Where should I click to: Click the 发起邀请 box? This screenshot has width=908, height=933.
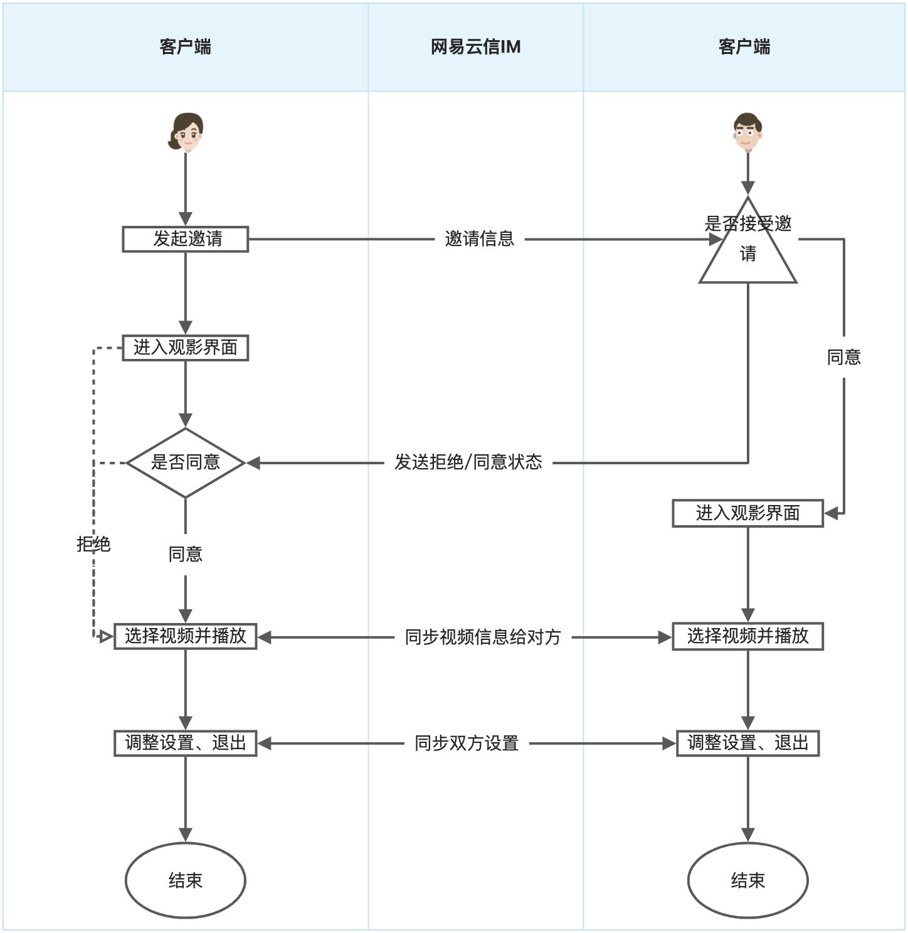coord(186,239)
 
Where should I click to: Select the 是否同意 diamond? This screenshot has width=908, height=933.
coord(186,463)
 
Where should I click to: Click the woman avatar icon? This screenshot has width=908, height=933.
coord(186,132)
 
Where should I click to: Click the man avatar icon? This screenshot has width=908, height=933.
coord(747,132)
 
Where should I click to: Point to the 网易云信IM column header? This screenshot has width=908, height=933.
coord(475,47)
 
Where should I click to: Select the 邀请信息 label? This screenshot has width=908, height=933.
coord(480,239)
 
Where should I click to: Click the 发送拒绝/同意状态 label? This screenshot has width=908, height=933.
coord(468,462)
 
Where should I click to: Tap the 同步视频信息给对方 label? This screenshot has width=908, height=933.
coord(483,637)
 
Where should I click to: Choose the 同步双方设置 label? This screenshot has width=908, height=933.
coord(467,744)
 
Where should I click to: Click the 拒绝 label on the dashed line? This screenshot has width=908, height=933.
coord(93,544)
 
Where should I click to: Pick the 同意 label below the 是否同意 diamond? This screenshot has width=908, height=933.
coord(186,554)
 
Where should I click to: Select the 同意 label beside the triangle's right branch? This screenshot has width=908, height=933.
coord(844,357)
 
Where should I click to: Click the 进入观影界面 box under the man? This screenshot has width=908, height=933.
coord(747,513)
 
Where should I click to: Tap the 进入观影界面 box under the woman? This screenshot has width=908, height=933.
coord(186,348)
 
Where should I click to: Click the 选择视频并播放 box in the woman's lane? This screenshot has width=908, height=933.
coord(186,636)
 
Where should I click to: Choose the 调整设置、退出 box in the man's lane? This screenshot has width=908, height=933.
coord(747,744)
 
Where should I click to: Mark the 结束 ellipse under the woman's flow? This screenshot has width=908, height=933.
coord(186,880)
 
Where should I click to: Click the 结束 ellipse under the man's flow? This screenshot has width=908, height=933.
coord(747,880)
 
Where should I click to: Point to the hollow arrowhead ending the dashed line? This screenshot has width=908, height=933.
coord(106,637)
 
